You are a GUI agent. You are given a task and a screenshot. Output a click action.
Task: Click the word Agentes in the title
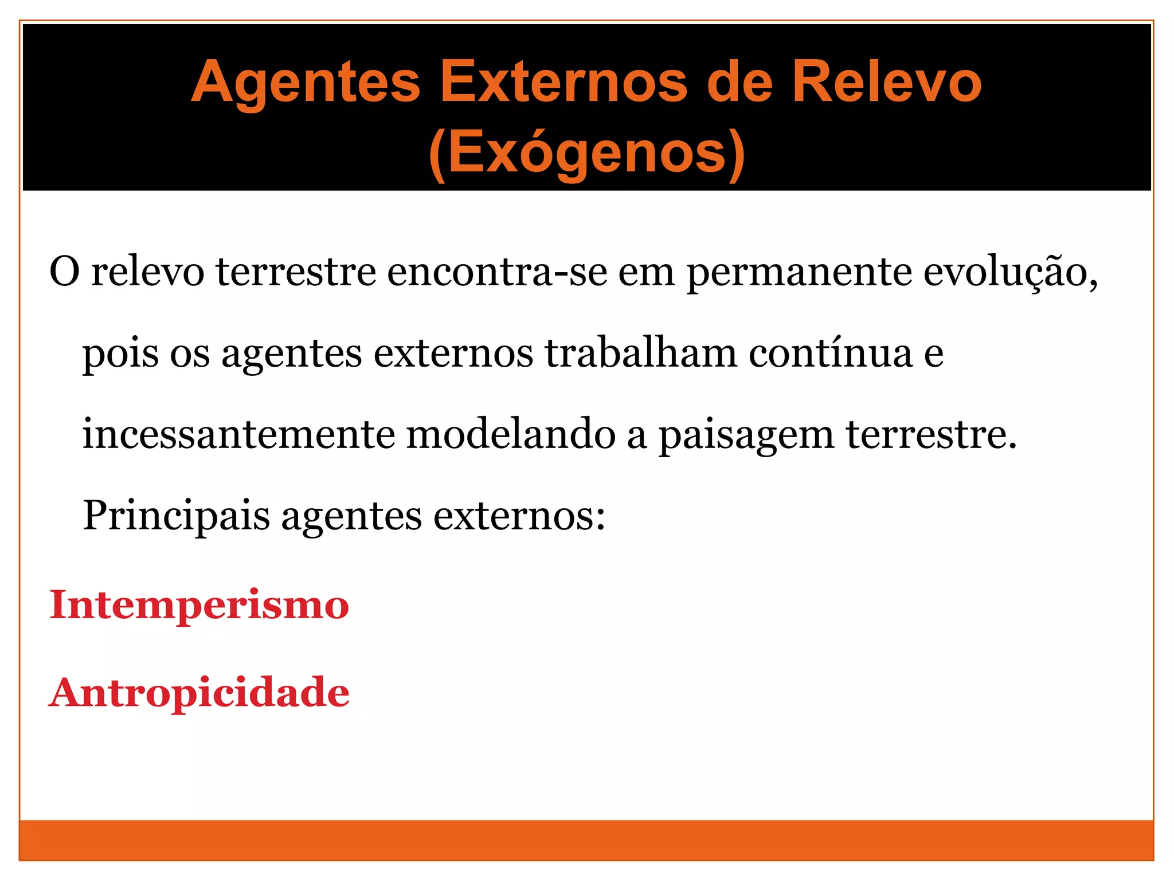pos(306,83)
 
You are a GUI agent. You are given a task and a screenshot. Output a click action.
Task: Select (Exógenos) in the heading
pos(586,153)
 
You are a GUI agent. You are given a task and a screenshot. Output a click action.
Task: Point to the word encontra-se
pos(496,272)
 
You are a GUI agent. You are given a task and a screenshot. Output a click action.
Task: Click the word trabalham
pos(640,353)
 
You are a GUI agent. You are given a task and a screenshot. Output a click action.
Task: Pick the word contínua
pos(831,353)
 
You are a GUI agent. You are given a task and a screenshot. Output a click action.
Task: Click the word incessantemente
pos(238,434)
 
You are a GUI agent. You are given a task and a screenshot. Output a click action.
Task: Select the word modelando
pos(511,434)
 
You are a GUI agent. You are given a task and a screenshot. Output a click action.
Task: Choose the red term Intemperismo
pos(199,605)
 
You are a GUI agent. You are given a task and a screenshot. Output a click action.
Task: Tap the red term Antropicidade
pos(199,693)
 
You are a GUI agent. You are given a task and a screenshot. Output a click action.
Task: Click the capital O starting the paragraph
pos(64,272)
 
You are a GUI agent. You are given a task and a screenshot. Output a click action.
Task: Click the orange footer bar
pos(586,840)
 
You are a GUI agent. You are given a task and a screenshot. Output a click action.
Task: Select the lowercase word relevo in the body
pos(148,272)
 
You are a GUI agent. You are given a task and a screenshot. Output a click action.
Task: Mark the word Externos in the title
pos(563,83)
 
